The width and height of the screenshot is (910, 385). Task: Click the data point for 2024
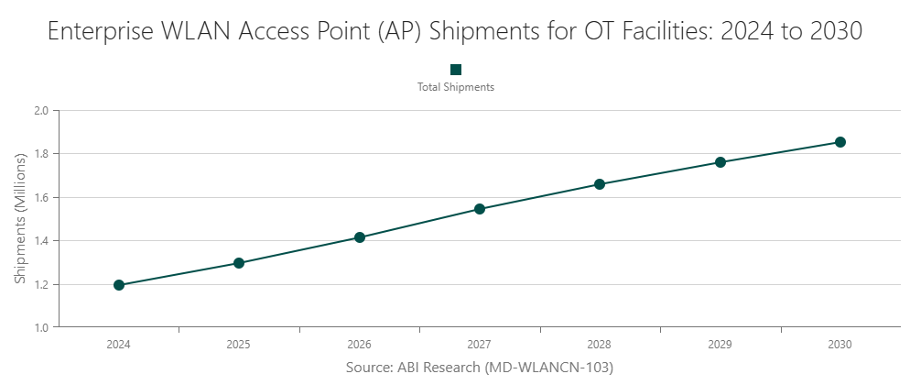click(x=119, y=285)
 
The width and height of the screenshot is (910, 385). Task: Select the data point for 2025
click(x=239, y=263)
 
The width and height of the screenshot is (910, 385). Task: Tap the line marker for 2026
click(x=360, y=237)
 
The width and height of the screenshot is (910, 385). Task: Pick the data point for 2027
click(x=480, y=209)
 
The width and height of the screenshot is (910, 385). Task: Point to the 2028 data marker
click(x=600, y=184)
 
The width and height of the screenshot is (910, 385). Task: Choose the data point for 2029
click(x=720, y=162)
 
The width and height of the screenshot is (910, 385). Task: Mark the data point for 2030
click(x=840, y=142)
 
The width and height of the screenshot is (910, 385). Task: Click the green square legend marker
click(x=456, y=70)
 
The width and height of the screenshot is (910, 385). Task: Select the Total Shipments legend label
click(x=456, y=88)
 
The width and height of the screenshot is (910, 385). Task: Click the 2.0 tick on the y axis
click(x=42, y=111)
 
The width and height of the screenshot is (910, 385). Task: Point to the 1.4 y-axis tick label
click(x=42, y=241)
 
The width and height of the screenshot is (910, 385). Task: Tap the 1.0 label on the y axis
click(x=42, y=327)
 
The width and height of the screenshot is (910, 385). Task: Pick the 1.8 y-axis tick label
click(x=42, y=154)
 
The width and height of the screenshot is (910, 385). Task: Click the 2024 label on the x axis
click(x=119, y=346)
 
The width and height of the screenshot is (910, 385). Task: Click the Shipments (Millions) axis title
click(x=20, y=219)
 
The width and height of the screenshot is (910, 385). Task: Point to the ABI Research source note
click(x=479, y=368)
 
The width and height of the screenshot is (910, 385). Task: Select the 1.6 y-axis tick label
click(x=42, y=197)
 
